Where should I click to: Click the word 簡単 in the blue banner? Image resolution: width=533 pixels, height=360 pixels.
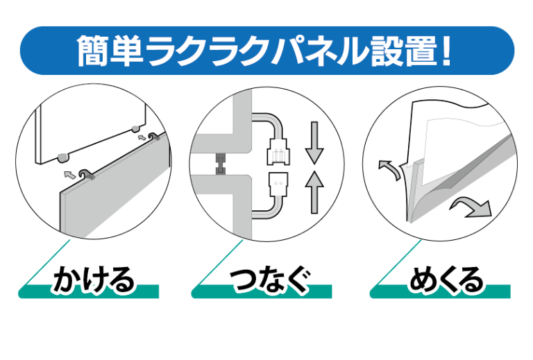tap(110, 50)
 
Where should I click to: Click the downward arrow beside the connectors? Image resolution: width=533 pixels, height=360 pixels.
tap(314, 143)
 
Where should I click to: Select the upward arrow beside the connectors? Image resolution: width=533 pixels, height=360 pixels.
tap(314, 192)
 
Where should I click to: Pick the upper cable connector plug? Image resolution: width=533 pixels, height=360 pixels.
tap(279, 151)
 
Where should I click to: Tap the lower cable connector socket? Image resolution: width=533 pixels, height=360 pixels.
tap(278, 185)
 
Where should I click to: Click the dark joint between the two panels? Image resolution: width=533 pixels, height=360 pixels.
tap(221, 164)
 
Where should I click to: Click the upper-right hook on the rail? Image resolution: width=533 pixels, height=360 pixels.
tap(154, 137)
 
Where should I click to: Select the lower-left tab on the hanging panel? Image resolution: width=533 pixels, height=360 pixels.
tap(63, 157)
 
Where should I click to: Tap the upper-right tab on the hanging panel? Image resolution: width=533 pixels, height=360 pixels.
tap(136, 129)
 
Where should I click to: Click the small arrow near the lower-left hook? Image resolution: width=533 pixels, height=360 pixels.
tap(69, 175)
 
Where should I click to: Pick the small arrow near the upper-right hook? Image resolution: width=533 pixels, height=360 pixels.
tap(142, 137)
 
